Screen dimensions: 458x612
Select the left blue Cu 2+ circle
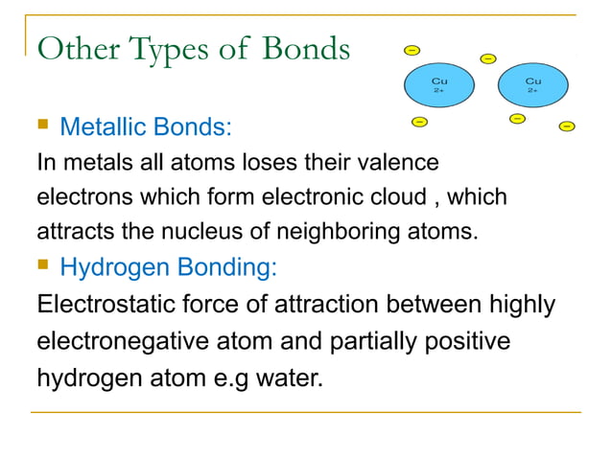pos(438,85)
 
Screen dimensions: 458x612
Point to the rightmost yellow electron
pos(567,126)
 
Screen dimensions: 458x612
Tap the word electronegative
pos(120,341)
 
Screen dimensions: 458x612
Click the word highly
pos(520,305)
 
